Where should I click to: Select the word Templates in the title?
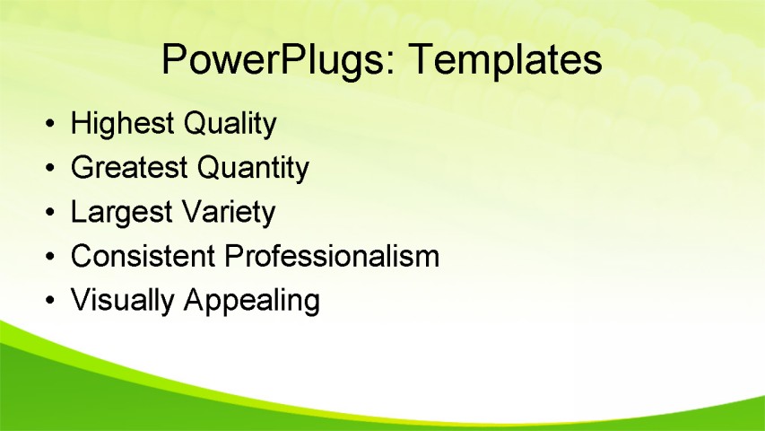pos(504,60)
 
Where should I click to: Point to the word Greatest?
pos(129,168)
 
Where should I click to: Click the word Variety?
pos(228,213)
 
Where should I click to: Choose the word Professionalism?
pos(332,257)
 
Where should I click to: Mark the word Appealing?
pos(251,301)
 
